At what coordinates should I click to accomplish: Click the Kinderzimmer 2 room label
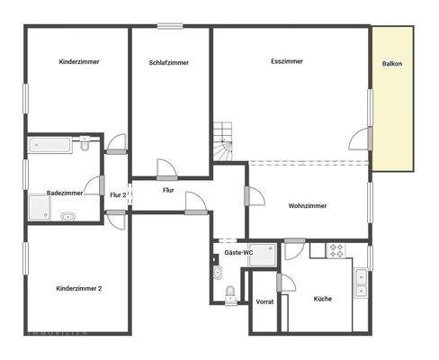[78, 288]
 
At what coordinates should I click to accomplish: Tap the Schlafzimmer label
[169, 62]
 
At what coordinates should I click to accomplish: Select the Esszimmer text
[286, 61]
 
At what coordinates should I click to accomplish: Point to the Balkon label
[392, 64]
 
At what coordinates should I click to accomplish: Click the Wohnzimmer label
[307, 206]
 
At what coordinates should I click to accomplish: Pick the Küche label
[322, 298]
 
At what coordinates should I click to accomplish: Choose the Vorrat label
[264, 301]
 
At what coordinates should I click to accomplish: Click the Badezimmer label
[65, 193]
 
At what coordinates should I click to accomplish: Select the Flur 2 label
[118, 194]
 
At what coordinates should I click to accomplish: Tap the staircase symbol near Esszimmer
[223, 139]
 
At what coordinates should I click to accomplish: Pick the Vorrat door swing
[286, 283]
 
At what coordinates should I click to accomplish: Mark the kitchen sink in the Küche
[360, 283]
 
